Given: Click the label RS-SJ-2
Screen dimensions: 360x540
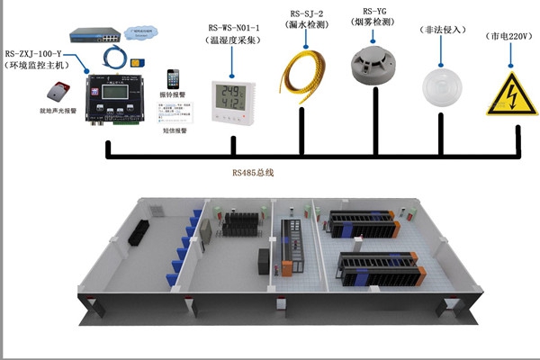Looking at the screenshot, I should (x=308, y=14).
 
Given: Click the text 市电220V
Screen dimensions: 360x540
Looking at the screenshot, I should (x=510, y=38).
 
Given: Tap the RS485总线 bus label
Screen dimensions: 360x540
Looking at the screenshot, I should (x=252, y=172).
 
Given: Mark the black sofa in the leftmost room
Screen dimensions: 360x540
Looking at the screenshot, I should (x=139, y=234).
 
